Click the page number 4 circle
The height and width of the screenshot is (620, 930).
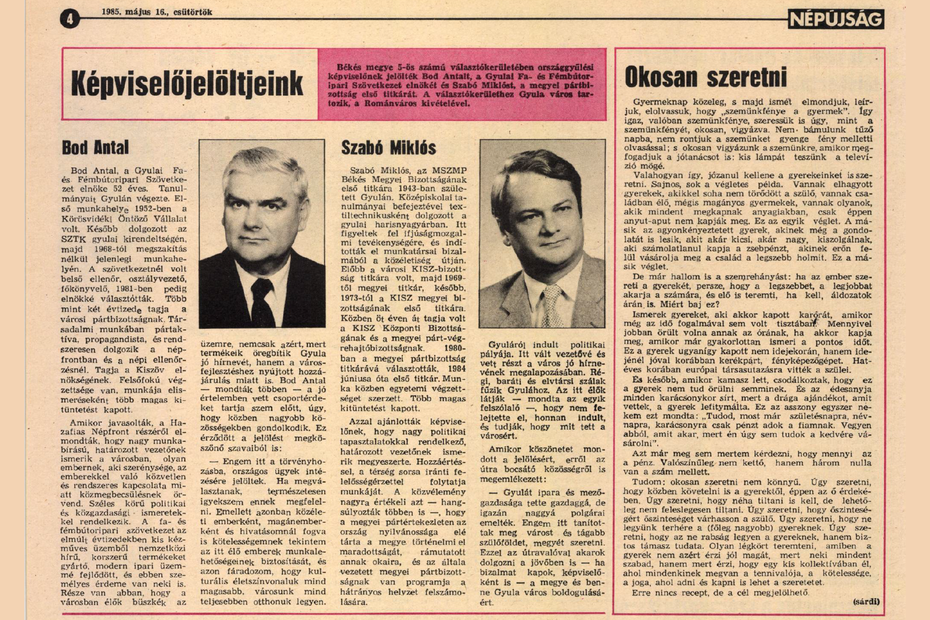pos(70,19)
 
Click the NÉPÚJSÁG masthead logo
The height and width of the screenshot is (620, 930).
pos(836,19)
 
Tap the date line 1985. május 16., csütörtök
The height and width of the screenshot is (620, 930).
pos(157,12)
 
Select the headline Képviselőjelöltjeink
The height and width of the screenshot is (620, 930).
pos(187,84)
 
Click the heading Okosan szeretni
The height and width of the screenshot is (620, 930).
pos(705,77)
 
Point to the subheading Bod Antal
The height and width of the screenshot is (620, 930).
pos(95,148)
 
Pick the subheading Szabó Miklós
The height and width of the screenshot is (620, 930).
pos(388,148)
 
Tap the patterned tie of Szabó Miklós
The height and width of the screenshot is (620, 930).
pos(552,305)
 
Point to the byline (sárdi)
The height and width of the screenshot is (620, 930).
pos(866,602)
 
